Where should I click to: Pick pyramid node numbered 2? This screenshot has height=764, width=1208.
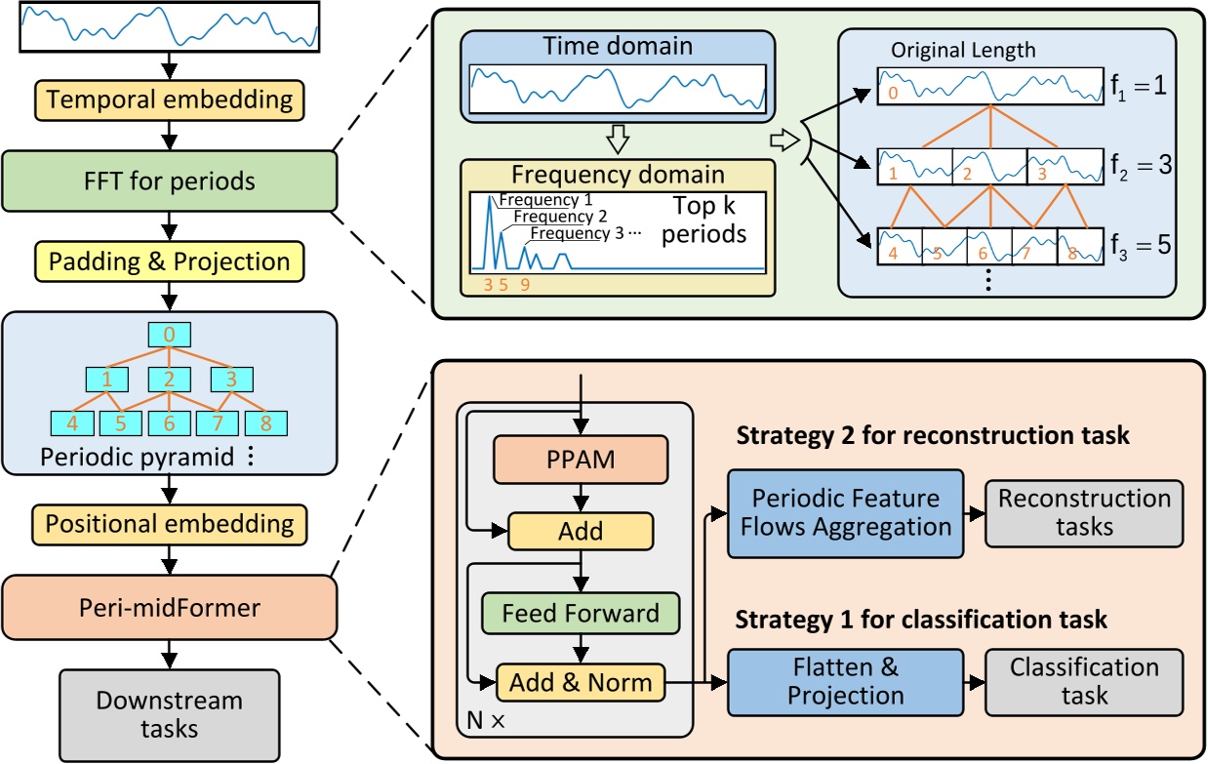coord(170,378)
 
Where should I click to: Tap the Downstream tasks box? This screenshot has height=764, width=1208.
coord(170,713)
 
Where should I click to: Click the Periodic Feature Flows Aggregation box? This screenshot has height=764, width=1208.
coord(844,512)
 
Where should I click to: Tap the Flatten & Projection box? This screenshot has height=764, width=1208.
coord(844,681)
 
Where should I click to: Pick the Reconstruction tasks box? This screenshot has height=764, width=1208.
coord(1084,512)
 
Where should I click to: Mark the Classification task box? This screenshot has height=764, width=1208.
coord(1084,681)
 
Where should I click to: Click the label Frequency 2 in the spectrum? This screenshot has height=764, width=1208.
coord(560,217)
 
